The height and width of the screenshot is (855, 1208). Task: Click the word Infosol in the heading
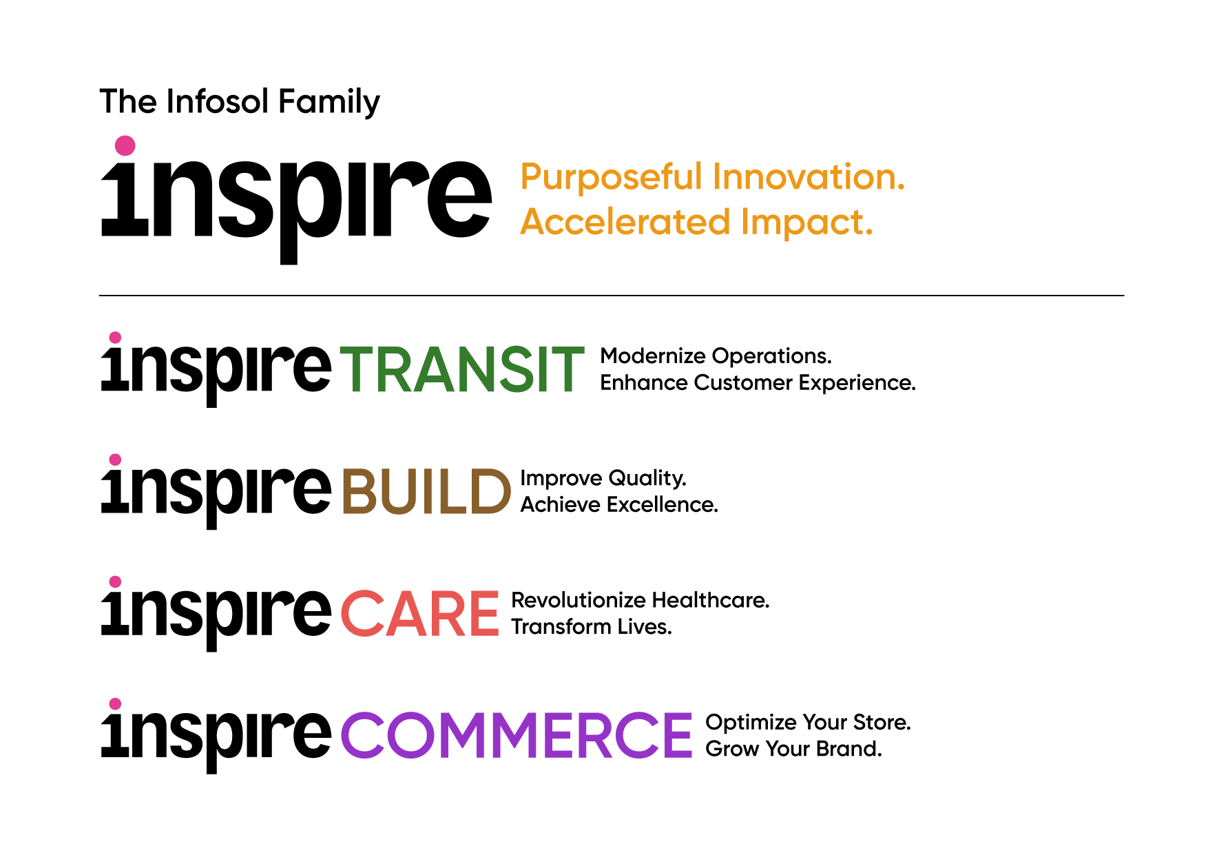click(x=217, y=101)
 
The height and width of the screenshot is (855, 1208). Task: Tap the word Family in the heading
click(x=329, y=103)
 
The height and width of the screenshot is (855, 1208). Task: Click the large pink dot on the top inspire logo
click(x=125, y=145)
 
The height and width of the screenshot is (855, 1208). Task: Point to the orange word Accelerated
click(x=625, y=222)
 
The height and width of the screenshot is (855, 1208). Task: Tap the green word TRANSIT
click(x=462, y=370)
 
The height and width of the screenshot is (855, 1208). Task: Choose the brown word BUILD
click(x=426, y=492)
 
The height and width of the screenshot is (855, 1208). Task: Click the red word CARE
click(x=419, y=614)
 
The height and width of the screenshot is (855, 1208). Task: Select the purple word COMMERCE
click(x=517, y=736)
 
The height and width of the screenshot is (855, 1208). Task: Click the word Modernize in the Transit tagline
click(x=653, y=356)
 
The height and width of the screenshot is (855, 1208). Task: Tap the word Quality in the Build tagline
click(x=647, y=479)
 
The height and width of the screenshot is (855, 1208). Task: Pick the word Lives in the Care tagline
click(x=645, y=627)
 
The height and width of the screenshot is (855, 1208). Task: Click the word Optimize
click(x=751, y=723)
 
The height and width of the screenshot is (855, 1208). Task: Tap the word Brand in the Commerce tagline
click(x=849, y=749)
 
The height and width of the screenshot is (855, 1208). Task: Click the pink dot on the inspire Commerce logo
click(x=116, y=703)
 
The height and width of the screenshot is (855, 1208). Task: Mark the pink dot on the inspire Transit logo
click(x=116, y=337)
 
